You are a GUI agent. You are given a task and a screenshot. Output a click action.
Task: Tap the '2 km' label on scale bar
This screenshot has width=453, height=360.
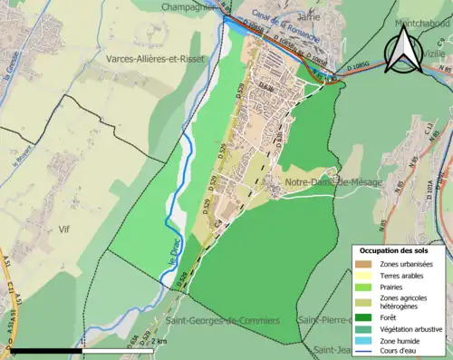click(x=161, y=340)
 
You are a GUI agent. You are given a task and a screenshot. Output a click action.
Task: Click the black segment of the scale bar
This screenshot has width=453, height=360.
click(x=45, y=350)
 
